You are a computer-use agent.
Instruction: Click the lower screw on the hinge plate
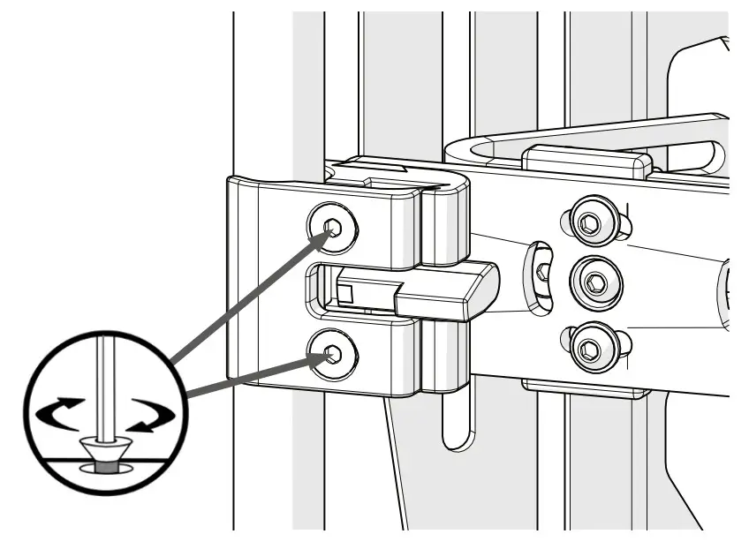click(334, 355)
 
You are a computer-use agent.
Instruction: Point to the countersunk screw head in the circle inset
click(104, 449)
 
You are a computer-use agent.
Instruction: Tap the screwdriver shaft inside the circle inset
click(104, 380)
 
